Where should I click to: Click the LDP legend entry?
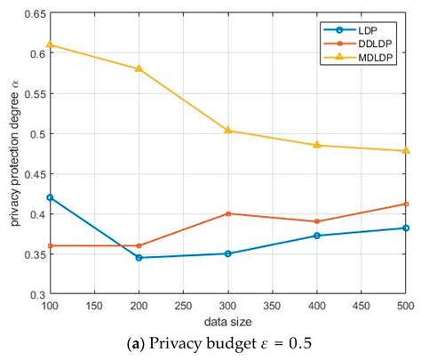point(364,28)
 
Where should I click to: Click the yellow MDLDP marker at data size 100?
point(51,44)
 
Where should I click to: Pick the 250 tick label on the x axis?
point(184,306)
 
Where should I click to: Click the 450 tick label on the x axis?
point(361,306)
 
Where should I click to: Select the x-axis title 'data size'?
point(228,319)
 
